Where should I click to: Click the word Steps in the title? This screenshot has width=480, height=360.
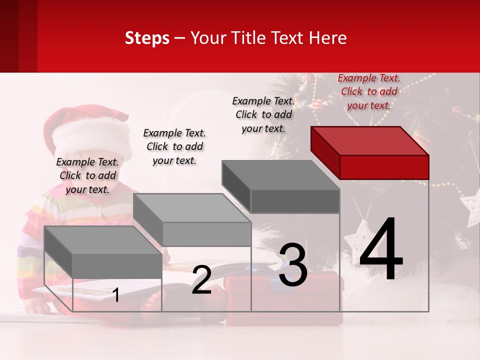coord(147,38)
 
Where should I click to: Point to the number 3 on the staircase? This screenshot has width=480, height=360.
coord(292,265)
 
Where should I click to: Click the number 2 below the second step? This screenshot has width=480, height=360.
coord(201,280)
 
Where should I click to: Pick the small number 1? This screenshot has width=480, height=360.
coord(116,295)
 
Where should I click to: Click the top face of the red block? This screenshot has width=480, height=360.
coord(370,141)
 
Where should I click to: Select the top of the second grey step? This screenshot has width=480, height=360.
coord(192,207)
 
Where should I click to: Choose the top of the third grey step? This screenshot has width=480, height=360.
coord(281,175)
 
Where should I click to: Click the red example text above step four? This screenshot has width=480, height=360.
coord(369,91)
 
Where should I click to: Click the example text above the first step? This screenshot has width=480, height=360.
coord(87,175)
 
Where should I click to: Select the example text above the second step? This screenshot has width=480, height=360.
coord(174,146)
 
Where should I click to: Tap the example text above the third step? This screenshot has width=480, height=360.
coord(263,114)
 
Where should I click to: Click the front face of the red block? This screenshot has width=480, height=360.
coord(384,167)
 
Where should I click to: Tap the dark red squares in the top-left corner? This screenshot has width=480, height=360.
coord(18,35)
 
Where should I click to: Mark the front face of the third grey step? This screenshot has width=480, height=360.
coord(295,201)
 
